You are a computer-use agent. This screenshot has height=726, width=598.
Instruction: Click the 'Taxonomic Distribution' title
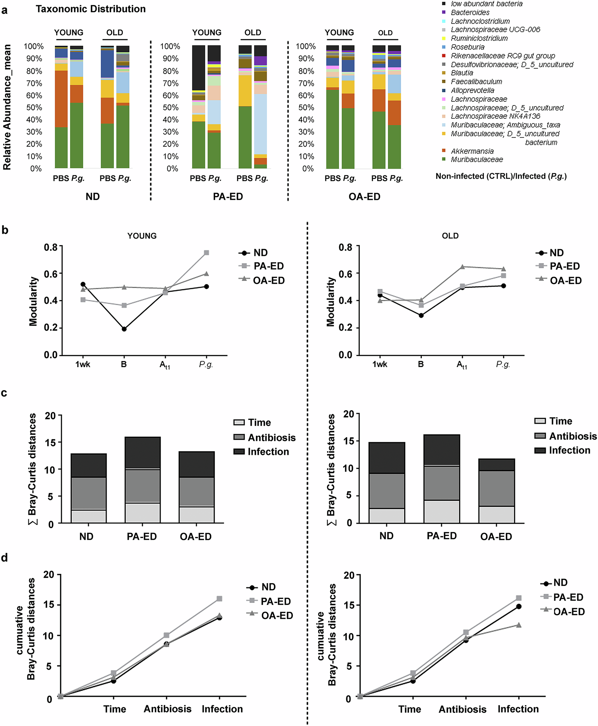(x=91, y=9)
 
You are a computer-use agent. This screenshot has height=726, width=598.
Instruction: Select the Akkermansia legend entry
(x=472, y=151)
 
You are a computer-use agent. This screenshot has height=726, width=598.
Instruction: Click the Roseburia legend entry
(x=467, y=47)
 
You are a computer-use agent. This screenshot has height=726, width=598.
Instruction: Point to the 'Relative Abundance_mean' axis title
(x=7, y=107)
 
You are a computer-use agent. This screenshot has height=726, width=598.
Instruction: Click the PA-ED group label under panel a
(x=228, y=197)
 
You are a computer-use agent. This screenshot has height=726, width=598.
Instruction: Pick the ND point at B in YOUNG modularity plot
(x=124, y=329)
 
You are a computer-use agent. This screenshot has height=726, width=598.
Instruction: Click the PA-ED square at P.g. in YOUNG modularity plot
(x=206, y=252)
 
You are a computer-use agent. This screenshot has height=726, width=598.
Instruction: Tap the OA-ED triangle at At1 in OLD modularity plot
(x=462, y=267)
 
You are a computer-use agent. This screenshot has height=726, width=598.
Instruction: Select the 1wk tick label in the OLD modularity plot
(x=380, y=364)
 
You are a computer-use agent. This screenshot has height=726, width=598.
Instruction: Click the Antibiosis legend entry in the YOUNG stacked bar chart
(x=271, y=437)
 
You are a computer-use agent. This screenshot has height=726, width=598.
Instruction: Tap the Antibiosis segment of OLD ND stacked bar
(x=387, y=491)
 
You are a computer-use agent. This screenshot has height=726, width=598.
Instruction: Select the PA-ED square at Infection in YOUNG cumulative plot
(x=219, y=599)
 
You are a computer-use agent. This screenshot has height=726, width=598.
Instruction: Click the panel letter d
(x=4, y=558)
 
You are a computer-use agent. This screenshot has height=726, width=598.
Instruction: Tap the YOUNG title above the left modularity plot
(x=142, y=236)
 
